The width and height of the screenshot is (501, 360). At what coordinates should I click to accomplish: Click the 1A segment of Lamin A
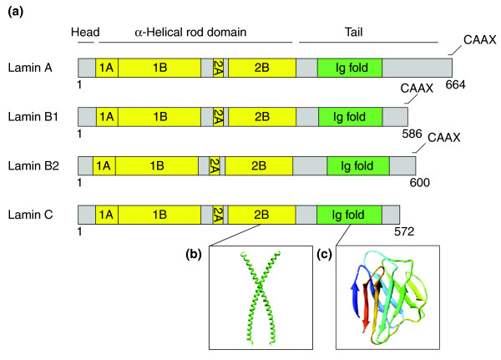[105, 68]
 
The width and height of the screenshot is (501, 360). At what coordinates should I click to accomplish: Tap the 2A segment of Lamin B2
[215, 165]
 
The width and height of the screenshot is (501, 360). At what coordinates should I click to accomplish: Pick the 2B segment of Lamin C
[261, 215]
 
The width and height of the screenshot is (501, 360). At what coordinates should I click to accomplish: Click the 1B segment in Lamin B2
[156, 165]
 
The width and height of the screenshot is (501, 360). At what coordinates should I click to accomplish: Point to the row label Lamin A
[32, 68]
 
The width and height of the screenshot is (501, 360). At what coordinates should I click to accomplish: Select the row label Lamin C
[32, 215]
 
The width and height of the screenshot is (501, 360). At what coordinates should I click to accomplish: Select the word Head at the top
[84, 33]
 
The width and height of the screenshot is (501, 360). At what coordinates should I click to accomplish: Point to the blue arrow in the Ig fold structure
[356, 292]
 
